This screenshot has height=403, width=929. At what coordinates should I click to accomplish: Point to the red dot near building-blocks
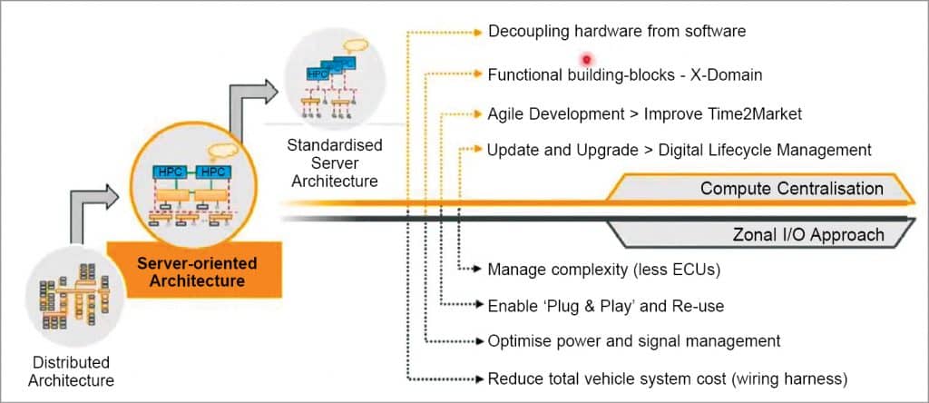[586, 59]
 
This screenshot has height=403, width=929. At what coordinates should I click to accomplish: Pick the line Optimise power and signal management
[633, 341]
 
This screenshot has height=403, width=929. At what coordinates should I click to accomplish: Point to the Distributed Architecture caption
[71, 371]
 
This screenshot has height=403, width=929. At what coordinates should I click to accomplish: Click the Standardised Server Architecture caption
[335, 162]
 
